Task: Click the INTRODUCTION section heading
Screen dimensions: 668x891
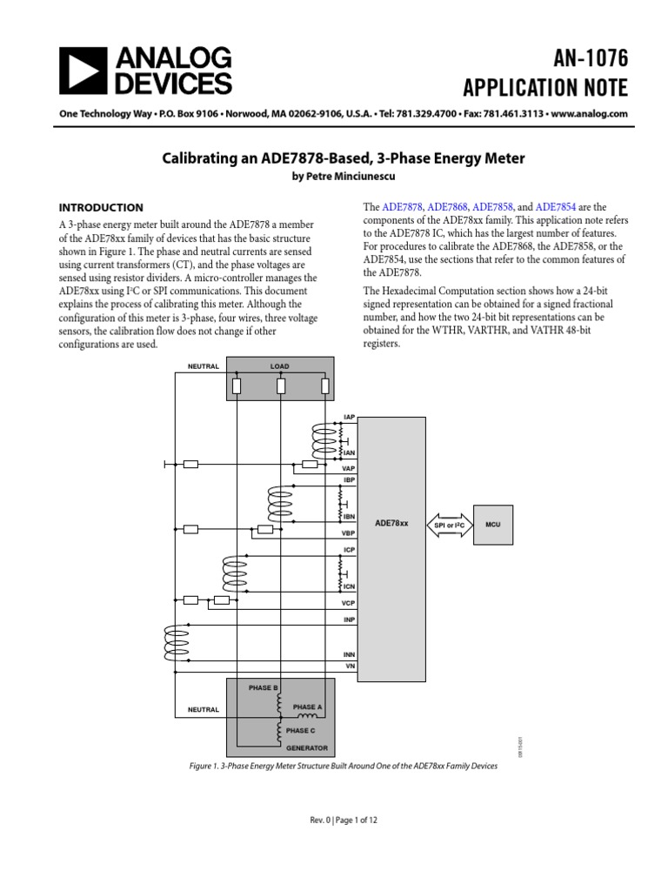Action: pyautogui.click(x=101, y=208)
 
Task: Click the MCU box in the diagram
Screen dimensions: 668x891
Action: pyautogui.click(x=493, y=525)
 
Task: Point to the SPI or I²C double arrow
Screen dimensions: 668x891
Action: pyautogui.click(x=450, y=525)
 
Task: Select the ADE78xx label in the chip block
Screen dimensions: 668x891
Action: pyautogui.click(x=391, y=524)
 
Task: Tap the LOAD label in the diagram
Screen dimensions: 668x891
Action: pyautogui.click(x=279, y=366)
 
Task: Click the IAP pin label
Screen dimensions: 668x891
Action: pyautogui.click(x=350, y=419)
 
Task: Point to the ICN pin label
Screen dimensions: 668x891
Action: pyautogui.click(x=349, y=586)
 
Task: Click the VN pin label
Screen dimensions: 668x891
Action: pyautogui.click(x=351, y=666)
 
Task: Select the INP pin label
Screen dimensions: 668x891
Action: pyautogui.click(x=350, y=620)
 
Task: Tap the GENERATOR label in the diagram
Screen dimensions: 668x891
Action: pyautogui.click(x=307, y=747)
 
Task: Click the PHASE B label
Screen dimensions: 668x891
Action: pyautogui.click(x=263, y=687)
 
